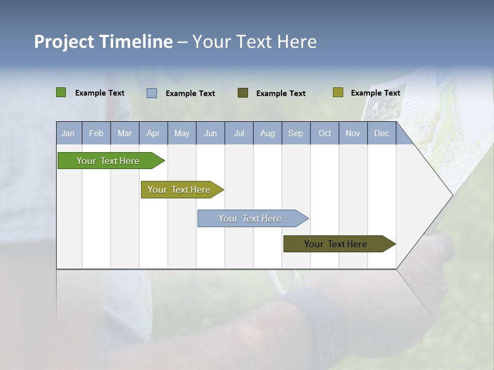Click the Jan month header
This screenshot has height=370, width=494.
pyautogui.click(x=68, y=133)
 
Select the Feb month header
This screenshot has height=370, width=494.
pyautogui.click(x=96, y=133)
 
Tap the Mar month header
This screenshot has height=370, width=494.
pyautogui.click(x=125, y=133)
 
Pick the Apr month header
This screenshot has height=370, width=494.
pyautogui.click(x=153, y=133)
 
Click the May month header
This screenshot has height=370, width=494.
pyautogui.click(x=182, y=133)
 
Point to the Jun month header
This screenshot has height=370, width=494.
pyautogui.click(x=210, y=133)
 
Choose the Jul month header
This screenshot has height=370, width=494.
pyautogui.click(x=239, y=133)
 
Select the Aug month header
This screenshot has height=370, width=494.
pyautogui.click(x=268, y=133)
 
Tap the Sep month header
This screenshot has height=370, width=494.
pyautogui.click(x=296, y=133)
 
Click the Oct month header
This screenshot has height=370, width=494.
pyautogui.click(x=325, y=133)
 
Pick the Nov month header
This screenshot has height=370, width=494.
pyautogui.click(x=353, y=133)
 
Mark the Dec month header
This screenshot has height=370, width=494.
pyautogui.click(x=382, y=133)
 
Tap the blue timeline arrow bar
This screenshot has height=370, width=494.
pyautogui.click(x=251, y=218)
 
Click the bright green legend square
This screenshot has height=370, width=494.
pyautogui.click(x=61, y=92)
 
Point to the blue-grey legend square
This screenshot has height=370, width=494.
pyautogui.click(x=152, y=93)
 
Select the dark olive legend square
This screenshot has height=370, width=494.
pyautogui.click(x=243, y=92)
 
